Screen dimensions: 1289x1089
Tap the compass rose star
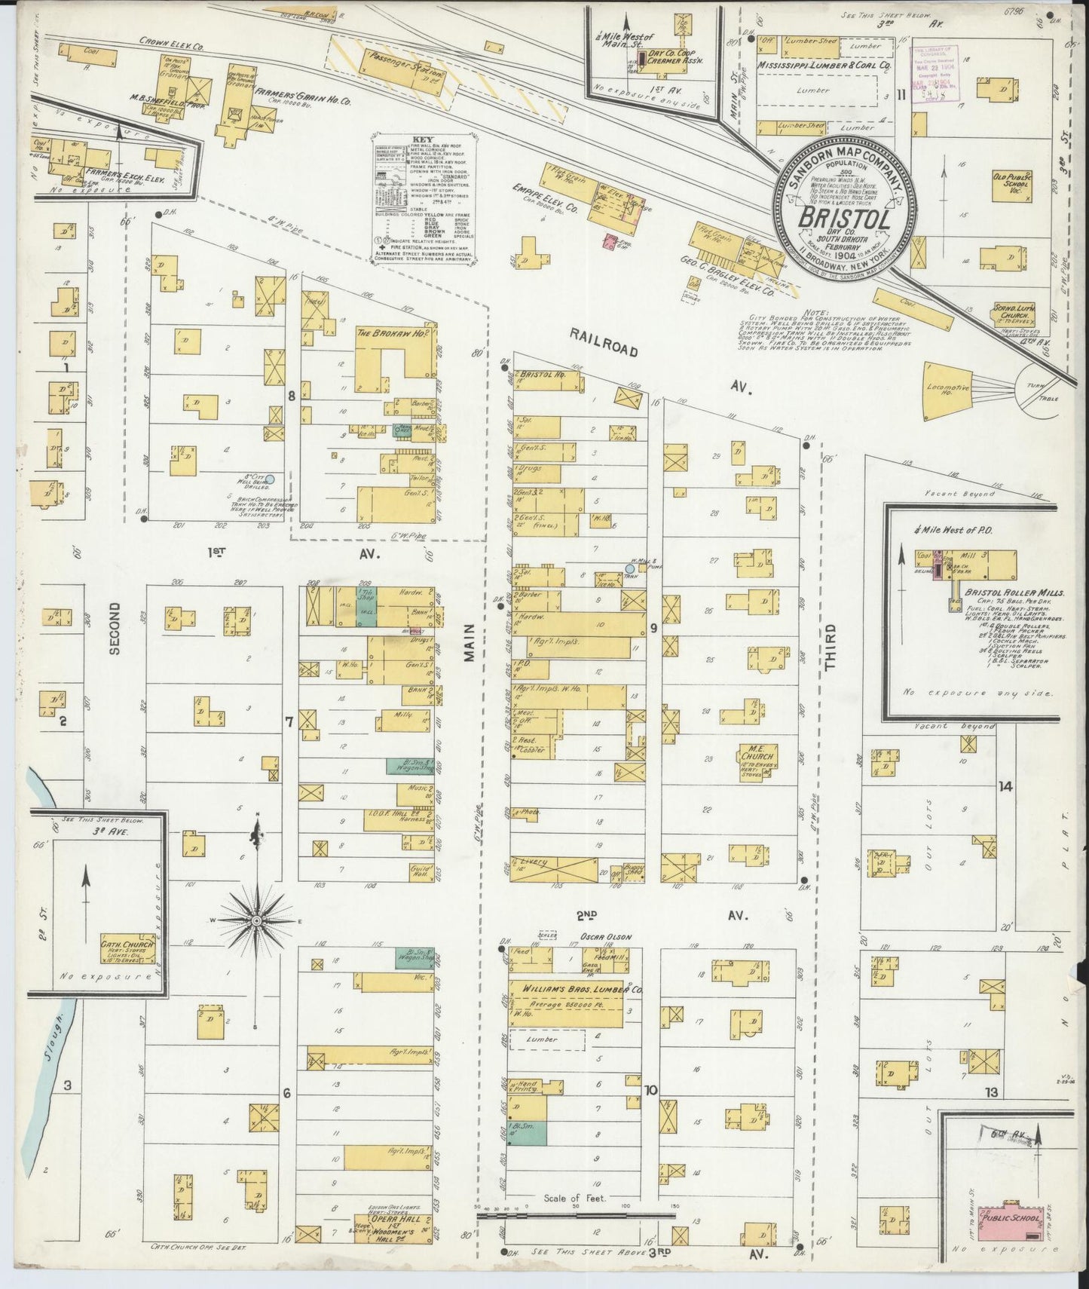pos(257,921)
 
